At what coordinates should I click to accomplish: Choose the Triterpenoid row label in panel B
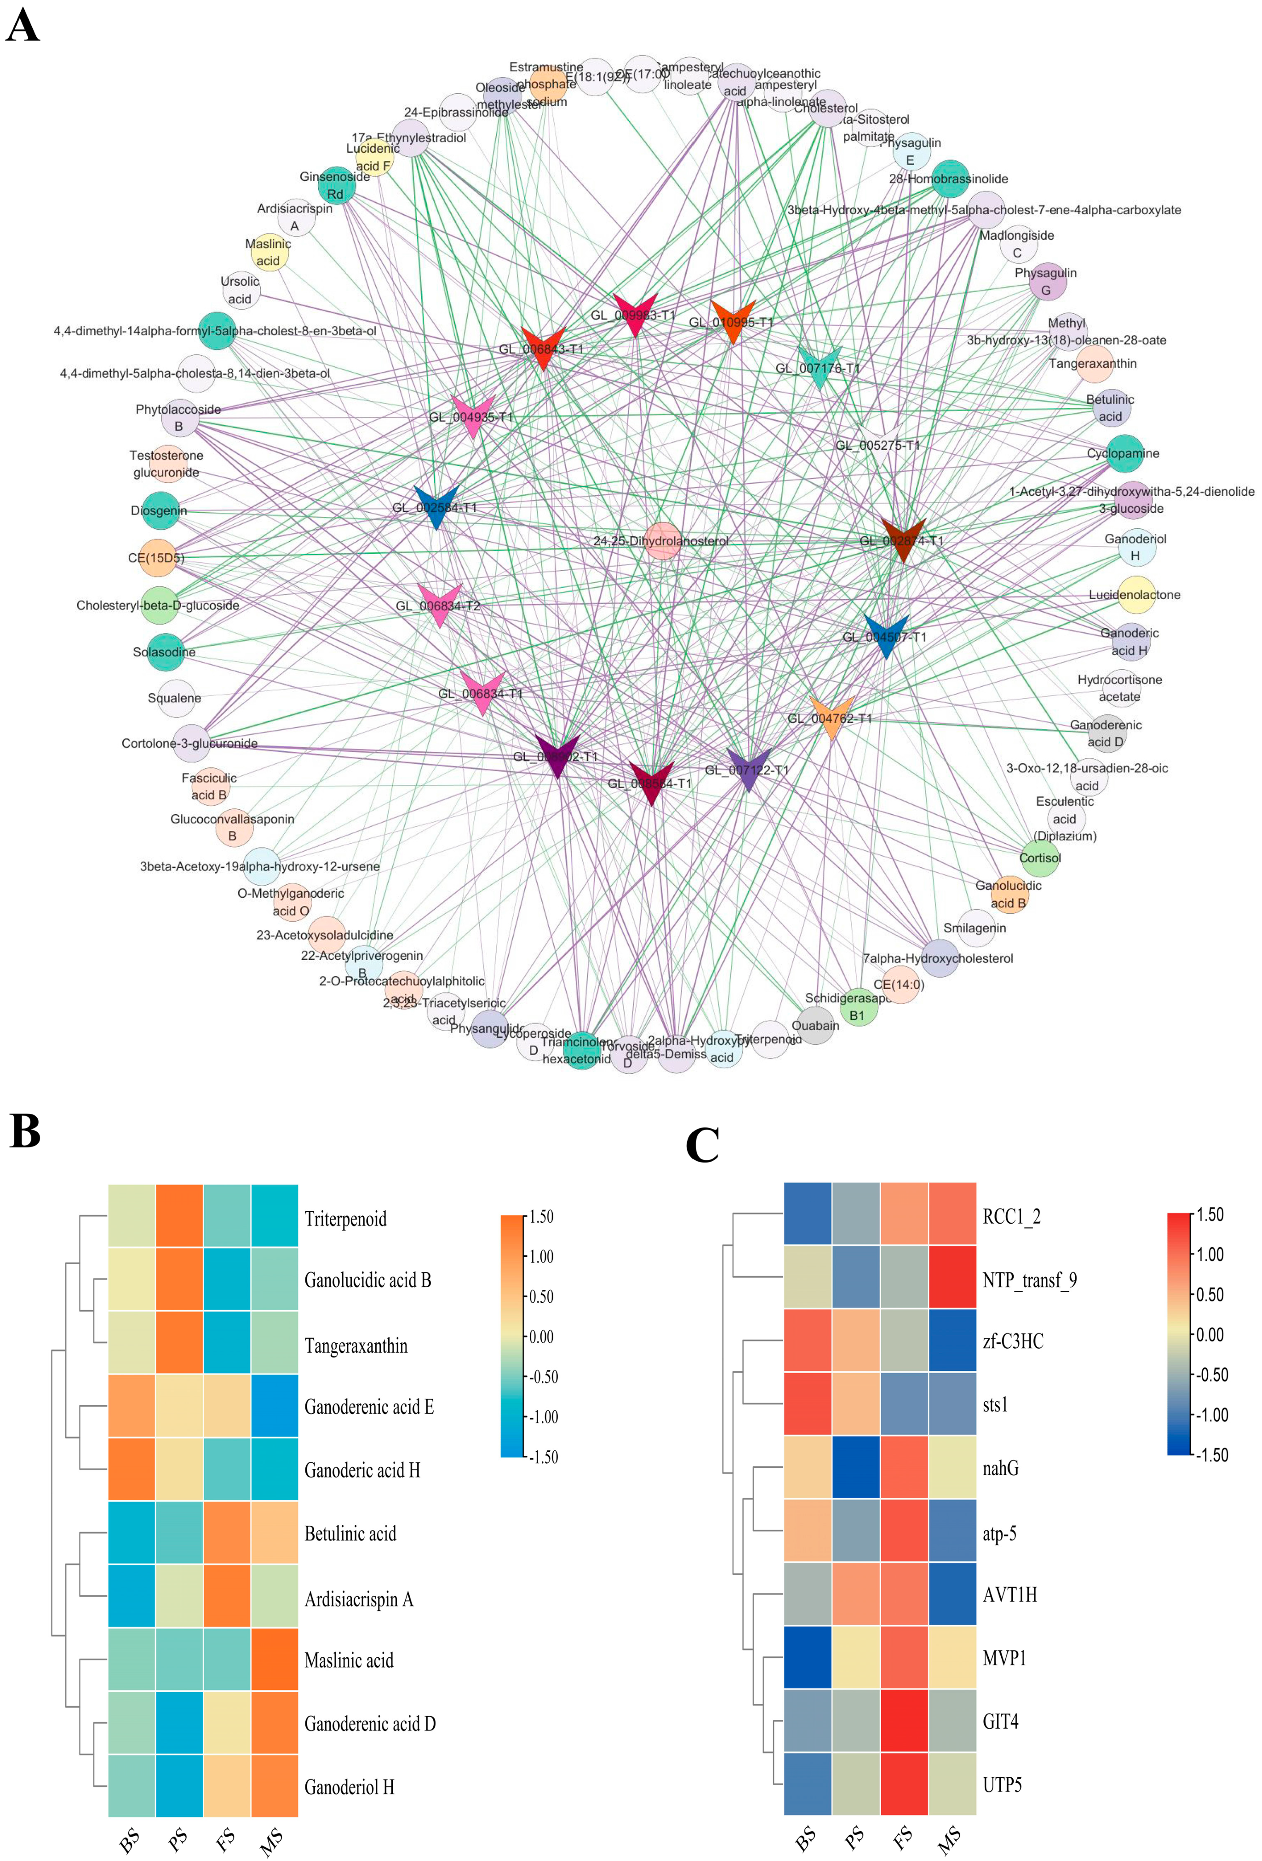click(345, 1219)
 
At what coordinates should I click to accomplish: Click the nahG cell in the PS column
click(856, 1467)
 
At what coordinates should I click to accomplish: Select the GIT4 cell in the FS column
click(904, 1720)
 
